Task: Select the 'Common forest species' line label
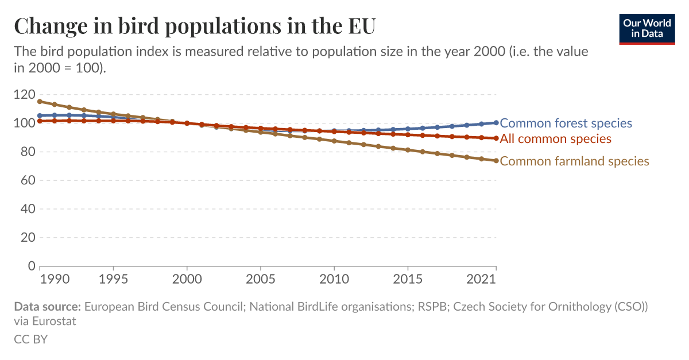[566, 123]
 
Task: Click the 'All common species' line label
[555, 138]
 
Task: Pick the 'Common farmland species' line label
[574, 161]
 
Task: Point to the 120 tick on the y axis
[25, 95]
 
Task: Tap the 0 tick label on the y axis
[31, 266]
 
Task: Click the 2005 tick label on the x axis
[261, 280]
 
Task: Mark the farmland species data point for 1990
[40, 102]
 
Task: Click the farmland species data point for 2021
[496, 161]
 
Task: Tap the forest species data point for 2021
[496, 123]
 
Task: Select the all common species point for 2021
[496, 138]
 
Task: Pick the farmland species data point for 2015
[408, 150]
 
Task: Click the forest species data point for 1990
[40, 115]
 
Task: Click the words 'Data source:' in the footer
[48, 307]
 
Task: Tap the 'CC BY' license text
[30, 339]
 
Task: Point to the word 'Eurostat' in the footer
[55, 321]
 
